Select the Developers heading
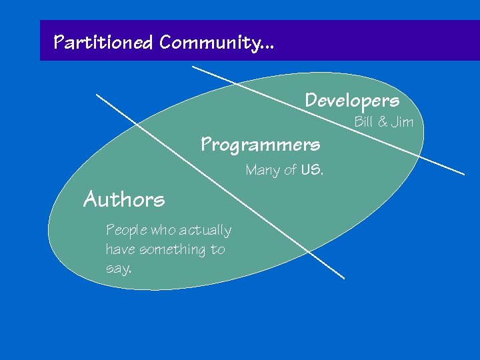click(x=352, y=101)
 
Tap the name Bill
click(x=363, y=122)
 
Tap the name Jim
click(x=403, y=122)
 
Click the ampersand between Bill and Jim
click(x=382, y=122)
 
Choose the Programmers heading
click(x=261, y=144)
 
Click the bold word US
click(x=311, y=170)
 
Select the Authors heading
click(x=124, y=199)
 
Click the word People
click(x=127, y=231)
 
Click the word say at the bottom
click(x=118, y=269)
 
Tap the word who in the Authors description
click(x=163, y=231)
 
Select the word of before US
click(x=290, y=171)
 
